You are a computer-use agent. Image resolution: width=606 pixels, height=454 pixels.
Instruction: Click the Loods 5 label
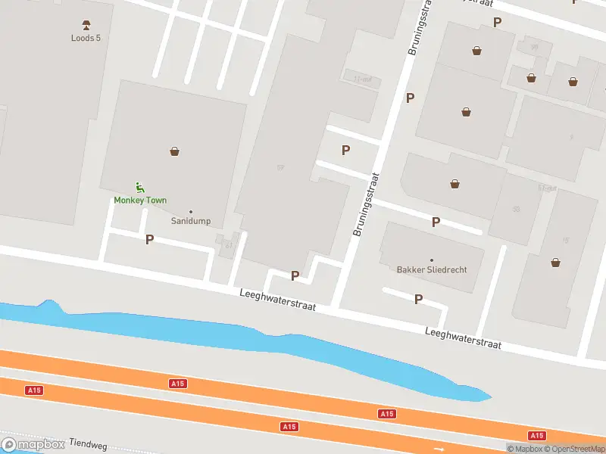[x=86, y=38]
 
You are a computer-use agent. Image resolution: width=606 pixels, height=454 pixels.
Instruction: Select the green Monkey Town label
[x=140, y=200]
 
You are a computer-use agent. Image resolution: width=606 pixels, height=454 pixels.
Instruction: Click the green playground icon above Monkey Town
[x=139, y=187]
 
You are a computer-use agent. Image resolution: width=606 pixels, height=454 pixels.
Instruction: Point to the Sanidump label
[x=191, y=221]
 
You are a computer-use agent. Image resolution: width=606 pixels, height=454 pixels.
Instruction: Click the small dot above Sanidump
[x=190, y=211]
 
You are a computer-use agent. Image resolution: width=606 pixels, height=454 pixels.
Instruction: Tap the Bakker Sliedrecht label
[x=432, y=269]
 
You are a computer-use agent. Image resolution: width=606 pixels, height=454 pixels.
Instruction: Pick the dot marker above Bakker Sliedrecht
[x=432, y=260]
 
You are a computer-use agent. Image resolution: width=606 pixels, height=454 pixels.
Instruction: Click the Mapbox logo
[x=33, y=445]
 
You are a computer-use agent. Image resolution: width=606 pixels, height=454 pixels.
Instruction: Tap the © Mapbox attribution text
[x=524, y=449]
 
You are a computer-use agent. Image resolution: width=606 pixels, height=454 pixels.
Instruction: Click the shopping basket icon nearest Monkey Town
[x=175, y=151]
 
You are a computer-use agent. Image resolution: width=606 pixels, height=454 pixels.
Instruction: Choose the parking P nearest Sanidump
[x=149, y=239]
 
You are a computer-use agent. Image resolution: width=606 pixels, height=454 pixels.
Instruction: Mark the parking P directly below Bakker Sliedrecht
[x=418, y=300]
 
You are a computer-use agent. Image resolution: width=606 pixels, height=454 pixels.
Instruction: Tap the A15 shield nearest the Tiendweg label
[x=33, y=390]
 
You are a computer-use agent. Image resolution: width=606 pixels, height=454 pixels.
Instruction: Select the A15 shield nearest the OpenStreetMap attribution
[x=537, y=435]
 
